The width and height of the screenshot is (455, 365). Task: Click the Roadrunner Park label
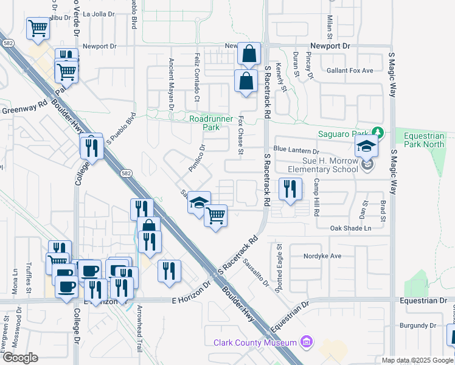click(x=211, y=123)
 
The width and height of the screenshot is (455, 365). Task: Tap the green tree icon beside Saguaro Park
click(x=378, y=132)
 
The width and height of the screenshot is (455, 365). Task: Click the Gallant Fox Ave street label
click(x=350, y=71)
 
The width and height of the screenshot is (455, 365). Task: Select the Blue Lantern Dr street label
click(x=296, y=150)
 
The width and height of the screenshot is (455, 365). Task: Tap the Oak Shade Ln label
click(x=350, y=228)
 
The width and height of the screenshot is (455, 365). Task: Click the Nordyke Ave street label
click(x=323, y=256)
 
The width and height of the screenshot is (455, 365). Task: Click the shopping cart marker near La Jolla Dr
click(x=38, y=29)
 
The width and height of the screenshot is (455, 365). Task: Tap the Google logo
click(x=21, y=357)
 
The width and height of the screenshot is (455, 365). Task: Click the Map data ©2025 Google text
click(x=417, y=360)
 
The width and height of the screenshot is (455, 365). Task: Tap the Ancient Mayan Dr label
click(x=172, y=83)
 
